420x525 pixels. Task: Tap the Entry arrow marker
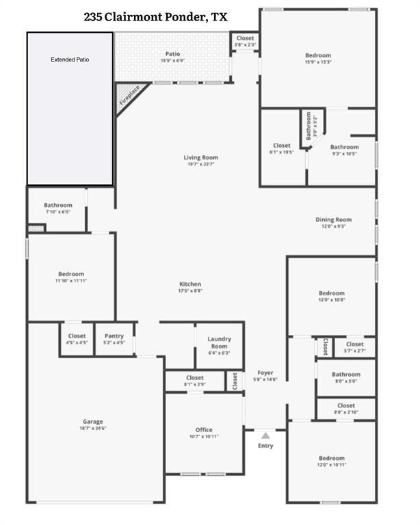(x=265, y=435)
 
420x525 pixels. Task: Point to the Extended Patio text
(x=70, y=60)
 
